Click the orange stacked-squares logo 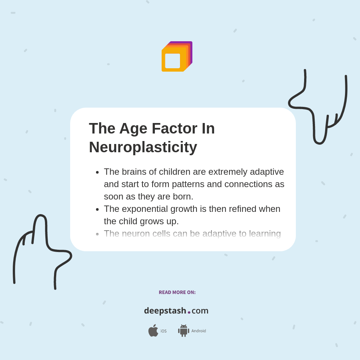click(x=176, y=57)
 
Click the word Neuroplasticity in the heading click(x=143, y=147)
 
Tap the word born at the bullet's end click(x=182, y=196)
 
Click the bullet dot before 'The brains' click(x=97, y=172)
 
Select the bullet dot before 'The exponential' click(x=97, y=209)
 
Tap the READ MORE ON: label click(x=177, y=292)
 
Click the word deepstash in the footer click(x=165, y=310)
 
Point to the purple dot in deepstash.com click(x=189, y=312)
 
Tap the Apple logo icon click(x=153, y=330)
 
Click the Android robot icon click(x=184, y=330)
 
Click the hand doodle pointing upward click(x=41, y=249)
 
